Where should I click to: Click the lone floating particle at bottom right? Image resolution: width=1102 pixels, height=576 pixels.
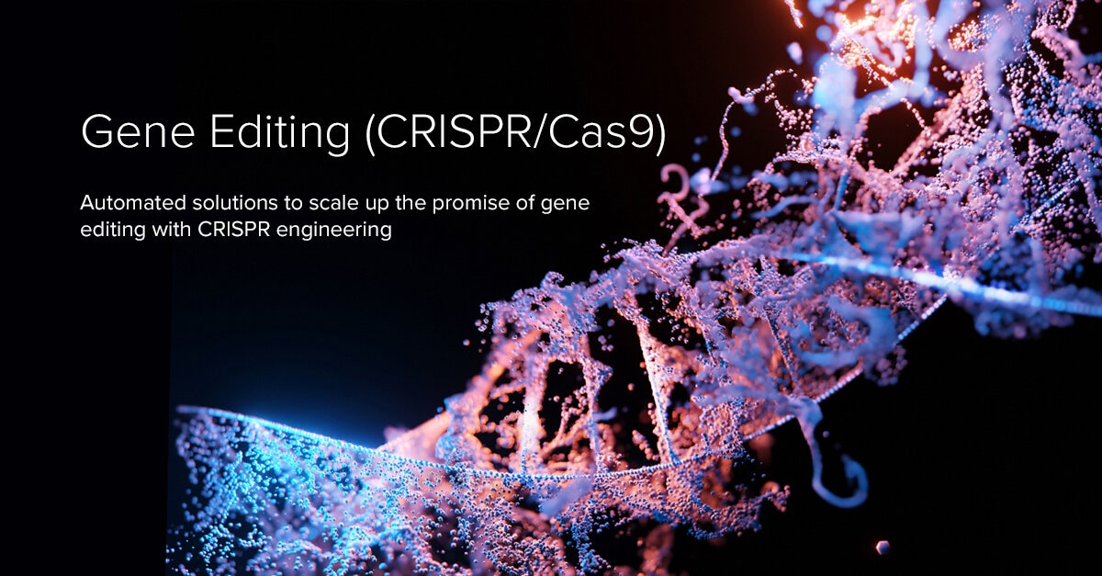coord(883,548)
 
